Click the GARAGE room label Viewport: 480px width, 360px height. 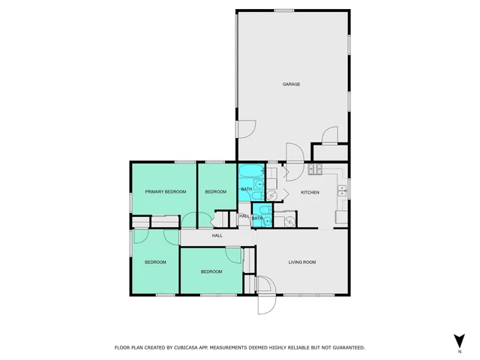[292, 84]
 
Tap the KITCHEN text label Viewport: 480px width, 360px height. [310, 193]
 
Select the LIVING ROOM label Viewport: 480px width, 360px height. [303, 262]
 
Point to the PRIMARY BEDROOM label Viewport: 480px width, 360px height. [165, 192]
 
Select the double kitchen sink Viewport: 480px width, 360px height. [342, 188]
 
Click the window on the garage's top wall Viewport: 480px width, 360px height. [283, 10]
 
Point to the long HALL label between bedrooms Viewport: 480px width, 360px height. [217, 235]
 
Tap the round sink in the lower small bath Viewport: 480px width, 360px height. [266, 220]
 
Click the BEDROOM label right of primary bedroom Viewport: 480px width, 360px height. [216, 192]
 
